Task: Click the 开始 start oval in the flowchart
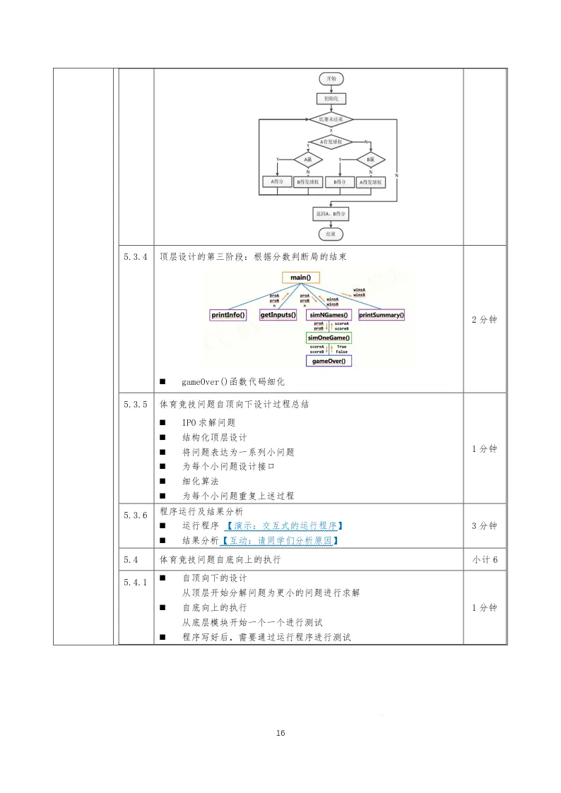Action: (331, 78)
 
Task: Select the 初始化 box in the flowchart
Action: (331, 99)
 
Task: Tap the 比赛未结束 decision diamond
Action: (331, 120)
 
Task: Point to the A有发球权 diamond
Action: (331, 141)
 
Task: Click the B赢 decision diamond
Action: (370, 160)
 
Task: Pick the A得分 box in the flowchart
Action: (278, 181)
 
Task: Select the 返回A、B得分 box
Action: (331, 213)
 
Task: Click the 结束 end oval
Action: (331, 233)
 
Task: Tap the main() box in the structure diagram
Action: (302, 278)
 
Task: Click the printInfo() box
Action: (229, 315)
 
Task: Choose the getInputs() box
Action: (278, 315)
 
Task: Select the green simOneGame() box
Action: (329, 338)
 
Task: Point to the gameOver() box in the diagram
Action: (329, 361)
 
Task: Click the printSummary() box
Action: (382, 315)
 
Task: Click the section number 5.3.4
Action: (135, 257)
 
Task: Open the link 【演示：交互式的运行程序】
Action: (283, 526)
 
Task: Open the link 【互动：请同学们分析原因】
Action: (279, 541)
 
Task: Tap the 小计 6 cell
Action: (485, 560)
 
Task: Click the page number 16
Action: (280, 733)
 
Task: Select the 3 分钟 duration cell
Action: (485, 526)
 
